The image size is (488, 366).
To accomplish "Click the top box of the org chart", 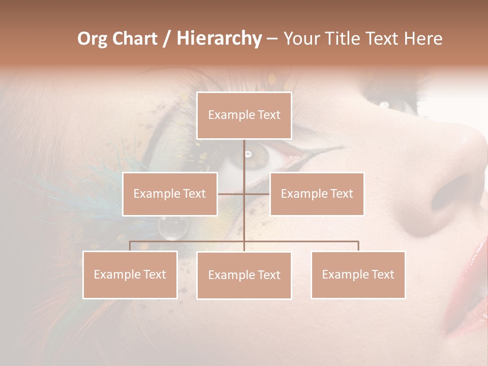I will [x=244, y=115].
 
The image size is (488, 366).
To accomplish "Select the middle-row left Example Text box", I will [x=170, y=194].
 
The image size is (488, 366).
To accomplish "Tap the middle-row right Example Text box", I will [x=317, y=194].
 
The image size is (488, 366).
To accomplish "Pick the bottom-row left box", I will [x=130, y=274].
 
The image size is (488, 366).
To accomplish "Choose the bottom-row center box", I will [x=244, y=275].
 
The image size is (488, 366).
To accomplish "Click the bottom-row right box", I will [x=358, y=274].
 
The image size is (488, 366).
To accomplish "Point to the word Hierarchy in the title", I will [x=219, y=39].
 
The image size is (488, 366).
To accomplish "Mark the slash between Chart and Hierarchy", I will [x=166, y=39].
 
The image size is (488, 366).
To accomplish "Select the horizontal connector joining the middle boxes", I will [x=243, y=194].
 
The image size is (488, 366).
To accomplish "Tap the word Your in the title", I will [x=298, y=39].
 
